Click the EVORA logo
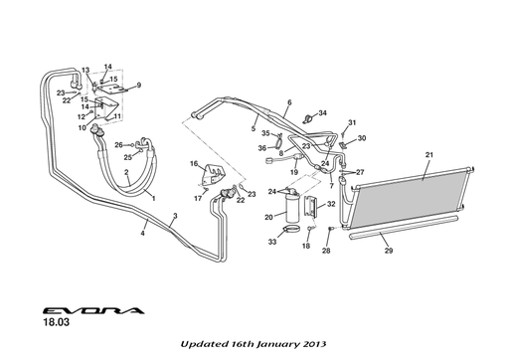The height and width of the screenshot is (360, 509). pyautogui.click(x=93, y=310)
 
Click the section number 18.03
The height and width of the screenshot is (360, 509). pyautogui.click(x=57, y=322)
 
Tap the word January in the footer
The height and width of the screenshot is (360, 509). pyautogui.click(x=277, y=344)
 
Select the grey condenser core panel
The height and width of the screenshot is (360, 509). pyautogui.click(x=411, y=199)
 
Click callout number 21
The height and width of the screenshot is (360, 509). pyautogui.click(x=429, y=155)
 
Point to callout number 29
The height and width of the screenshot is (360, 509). pyautogui.click(x=389, y=251)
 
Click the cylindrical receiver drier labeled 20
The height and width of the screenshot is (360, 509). pyautogui.click(x=291, y=207)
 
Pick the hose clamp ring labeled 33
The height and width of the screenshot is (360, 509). pyautogui.click(x=291, y=229)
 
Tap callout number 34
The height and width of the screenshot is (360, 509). pyautogui.click(x=322, y=113)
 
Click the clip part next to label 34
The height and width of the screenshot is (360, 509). pyautogui.click(x=308, y=118)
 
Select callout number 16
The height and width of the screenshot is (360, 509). pyautogui.click(x=194, y=163)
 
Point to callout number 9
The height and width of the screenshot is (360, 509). pyautogui.click(x=139, y=86)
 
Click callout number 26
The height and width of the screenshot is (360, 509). pyautogui.click(x=118, y=145)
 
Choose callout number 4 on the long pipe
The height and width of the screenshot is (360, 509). pyautogui.click(x=142, y=233)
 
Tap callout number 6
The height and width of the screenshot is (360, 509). pyautogui.click(x=289, y=102)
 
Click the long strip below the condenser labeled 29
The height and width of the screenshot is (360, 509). pyautogui.click(x=404, y=228)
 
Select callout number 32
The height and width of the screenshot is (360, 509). pyautogui.click(x=331, y=204)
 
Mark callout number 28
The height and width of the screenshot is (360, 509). pyautogui.click(x=326, y=251)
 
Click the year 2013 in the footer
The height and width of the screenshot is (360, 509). pyautogui.click(x=315, y=344)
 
